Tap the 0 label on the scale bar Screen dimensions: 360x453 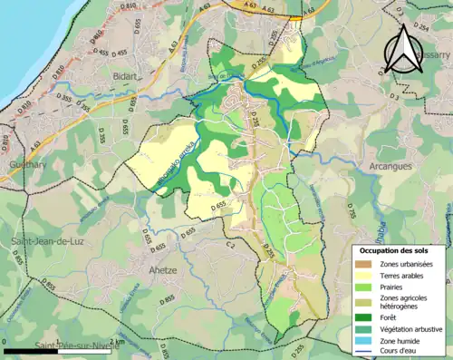pyautogui.click(x=6, y=343)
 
